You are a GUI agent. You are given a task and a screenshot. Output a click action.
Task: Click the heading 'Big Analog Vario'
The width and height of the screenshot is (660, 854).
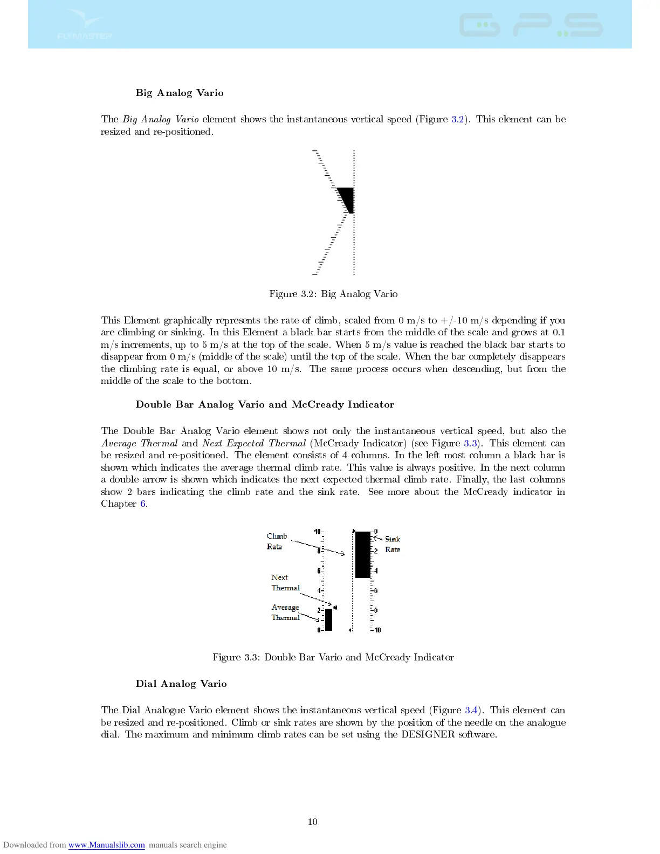tap(179, 93)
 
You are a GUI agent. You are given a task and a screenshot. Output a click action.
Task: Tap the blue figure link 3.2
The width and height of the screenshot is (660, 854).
tap(457, 119)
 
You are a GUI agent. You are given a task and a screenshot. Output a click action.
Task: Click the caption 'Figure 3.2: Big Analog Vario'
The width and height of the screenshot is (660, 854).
tap(333, 294)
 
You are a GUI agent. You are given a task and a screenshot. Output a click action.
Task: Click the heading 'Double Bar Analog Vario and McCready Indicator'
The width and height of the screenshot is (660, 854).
tap(265, 404)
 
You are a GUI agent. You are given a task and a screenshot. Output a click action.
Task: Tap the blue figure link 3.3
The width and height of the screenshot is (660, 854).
tap(470, 443)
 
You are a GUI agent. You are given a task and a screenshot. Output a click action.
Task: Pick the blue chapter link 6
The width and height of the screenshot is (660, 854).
tap(143, 504)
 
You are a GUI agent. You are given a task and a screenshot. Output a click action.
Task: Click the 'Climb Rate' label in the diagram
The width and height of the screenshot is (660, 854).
tap(277, 541)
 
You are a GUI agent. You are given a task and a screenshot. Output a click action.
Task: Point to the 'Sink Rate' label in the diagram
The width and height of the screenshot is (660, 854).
tap(393, 544)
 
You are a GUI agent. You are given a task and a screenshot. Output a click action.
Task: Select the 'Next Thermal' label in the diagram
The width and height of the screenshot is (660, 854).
tap(285, 583)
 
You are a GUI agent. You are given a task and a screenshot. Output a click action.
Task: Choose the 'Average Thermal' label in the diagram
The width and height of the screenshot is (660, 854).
tap(285, 612)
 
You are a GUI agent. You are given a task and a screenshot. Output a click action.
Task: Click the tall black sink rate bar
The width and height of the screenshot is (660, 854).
tap(363, 554)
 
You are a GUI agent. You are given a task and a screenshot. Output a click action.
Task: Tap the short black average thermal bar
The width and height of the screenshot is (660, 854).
tap(328, 619)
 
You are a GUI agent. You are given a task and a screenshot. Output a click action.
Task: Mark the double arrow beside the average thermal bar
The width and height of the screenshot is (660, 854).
tap(335, 608)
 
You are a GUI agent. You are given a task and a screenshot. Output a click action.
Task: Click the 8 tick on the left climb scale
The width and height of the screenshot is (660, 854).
tap(319, 551)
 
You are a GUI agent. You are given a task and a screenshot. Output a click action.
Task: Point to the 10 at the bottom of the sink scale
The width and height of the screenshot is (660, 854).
tap(377, 630)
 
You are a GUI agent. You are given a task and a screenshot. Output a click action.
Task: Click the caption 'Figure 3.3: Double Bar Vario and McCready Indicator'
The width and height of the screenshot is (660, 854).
tap(333, 657)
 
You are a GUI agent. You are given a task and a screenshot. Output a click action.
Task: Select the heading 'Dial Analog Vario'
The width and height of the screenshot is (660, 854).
tap(181, 684)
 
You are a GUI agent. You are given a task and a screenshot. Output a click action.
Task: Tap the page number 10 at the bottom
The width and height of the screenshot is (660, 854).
tap(313, 822)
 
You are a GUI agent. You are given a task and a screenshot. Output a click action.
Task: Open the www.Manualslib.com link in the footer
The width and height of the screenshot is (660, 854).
tap(106, 845)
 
